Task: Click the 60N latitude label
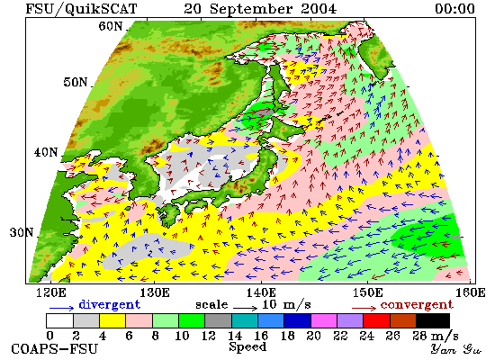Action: click(x=111, y=26)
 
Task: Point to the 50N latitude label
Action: click(x=76, y=82)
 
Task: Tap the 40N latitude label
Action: click(x=46, y=152)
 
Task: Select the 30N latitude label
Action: click(x=22, y=232)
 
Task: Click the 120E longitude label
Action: click(x=51, y=292)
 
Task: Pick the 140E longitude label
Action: click(x=261, y=292)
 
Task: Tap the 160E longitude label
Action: click(x=471, y=292)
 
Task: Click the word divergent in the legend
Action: click(x=109, y=305)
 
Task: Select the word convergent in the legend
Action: click(x=417, y=305)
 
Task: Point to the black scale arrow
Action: click(x=246, y=307)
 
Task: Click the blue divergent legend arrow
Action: click(x=61, y=308)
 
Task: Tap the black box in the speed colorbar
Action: click(x=433, y=320)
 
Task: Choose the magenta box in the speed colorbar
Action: click(x=324, y=320)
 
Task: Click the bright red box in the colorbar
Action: click(x=376, y=320)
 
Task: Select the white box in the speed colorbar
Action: click(x=60, y=320)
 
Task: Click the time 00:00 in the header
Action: click(x=454, y=8)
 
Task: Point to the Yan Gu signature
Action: click(x=456, y=349)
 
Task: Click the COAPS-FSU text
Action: click(x=54, y=349)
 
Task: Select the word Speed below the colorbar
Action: click(x=247, y=347)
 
